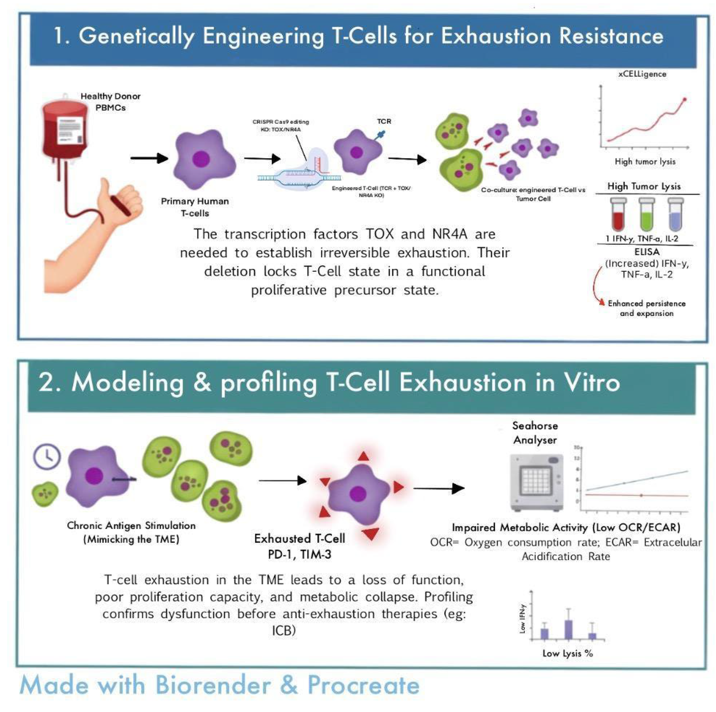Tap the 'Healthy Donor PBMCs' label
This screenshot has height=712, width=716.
click(x=111, y=102)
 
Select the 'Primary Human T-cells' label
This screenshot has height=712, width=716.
click(x=195, y=207)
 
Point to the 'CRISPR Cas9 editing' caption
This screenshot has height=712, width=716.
click(x=281, y=122)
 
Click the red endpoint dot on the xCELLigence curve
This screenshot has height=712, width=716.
click(x=685, y=99)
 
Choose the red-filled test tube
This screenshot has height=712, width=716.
click(x=618, y=215)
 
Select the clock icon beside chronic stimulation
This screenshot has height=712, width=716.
click(x=47, y=457)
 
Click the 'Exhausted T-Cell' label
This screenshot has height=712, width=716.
click(x=300, y=538)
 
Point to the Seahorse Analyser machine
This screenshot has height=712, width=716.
click(x=537, y=482)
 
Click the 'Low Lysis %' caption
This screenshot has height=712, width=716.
click(x=568, y=654)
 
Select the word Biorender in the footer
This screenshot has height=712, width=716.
click(x=213, y=685)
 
